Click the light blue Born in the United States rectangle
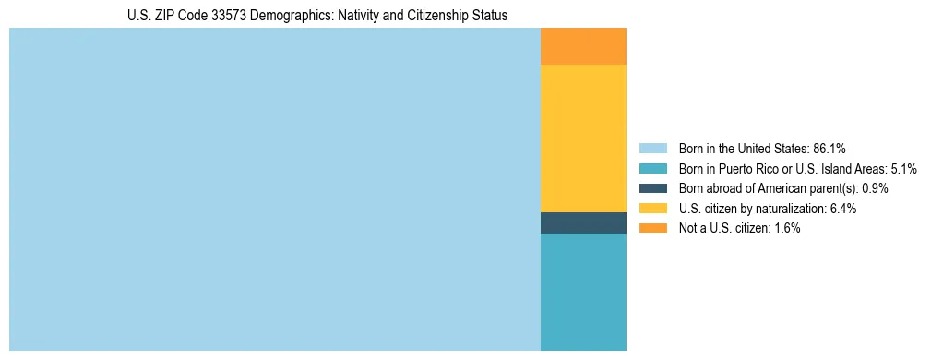point(274,189)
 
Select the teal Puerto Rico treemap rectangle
point(583,292)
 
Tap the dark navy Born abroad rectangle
point(583,222)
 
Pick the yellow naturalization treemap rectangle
point(583,138)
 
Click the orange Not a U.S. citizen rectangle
point(583,46)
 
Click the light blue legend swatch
point(652,149)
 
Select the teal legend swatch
point(652,169)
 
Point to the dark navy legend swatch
point(652,188)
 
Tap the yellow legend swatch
point(652,209)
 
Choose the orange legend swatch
point(652,228)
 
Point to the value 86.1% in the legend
point(830,149)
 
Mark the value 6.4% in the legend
point(843,209)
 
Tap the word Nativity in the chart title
point(356,16)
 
